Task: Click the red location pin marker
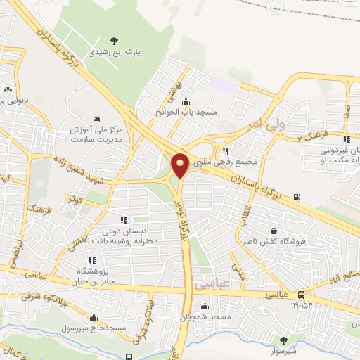coord(180,165)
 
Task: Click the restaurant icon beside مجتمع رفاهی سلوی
coord(225,150)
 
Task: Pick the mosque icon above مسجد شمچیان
coord(205,306)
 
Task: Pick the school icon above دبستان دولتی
coord(124,221)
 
